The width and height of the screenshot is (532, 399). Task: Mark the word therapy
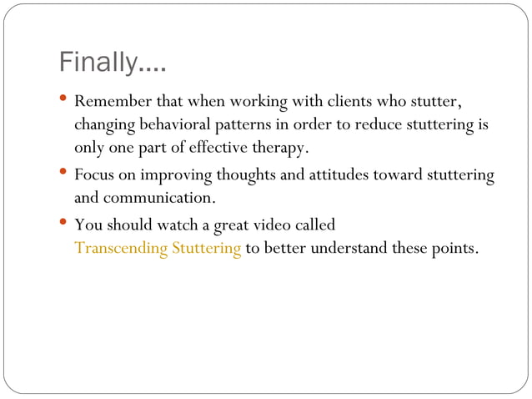pyautogui.click(x=284, y=149)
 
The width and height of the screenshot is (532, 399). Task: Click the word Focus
pyautogui.click(x=94, y=176)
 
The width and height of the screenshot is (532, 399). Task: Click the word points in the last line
pyautogui.click(x=454, y=249)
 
